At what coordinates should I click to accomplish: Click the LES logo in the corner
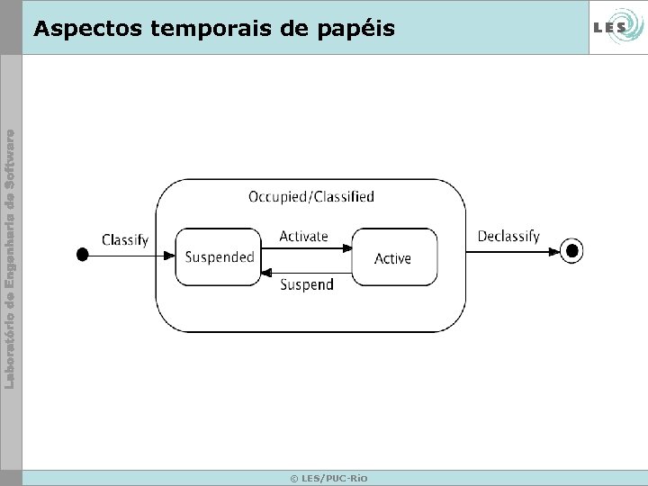click(616, 28)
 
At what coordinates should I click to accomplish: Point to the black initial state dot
click(83, 255)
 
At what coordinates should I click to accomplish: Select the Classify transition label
click(125, 239)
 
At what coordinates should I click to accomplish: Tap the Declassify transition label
click(508, 236)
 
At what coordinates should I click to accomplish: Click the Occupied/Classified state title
click(310, 196)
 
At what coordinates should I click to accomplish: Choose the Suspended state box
click(219, 257)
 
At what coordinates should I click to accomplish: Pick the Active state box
click(393, 257)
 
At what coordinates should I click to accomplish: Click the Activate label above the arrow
click(303, 236)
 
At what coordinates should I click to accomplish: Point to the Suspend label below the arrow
click(307, 284)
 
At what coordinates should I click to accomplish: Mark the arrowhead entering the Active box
click(346, 247)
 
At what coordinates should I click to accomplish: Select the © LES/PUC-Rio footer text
click(328, 478)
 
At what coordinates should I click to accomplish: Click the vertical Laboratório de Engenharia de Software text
click(10, 259)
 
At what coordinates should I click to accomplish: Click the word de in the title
click(292, 29)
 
